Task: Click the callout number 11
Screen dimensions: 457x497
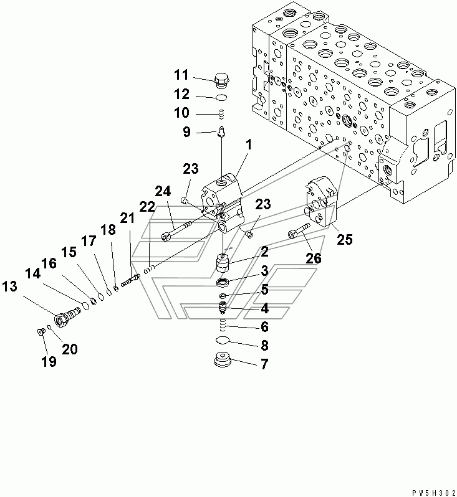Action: pyautogui.click(x=181, y=75)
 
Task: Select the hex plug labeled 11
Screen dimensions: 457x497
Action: pyautogui.click(x=222, y=80)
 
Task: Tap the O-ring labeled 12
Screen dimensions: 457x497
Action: pyautogui.click(x=221, y=98)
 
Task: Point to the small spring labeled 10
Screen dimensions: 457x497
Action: pyautogui.click(x=223, y=114)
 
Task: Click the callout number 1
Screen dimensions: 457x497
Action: pyautogui.click(x=249, y=145)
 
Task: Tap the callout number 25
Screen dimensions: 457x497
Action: pyautogui.click(x=345, y=239)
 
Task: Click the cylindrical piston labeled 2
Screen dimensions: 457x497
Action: pyautogui.click(x=224, y=263)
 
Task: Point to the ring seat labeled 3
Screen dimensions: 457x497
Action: pyautogui.click(x=223, y=282)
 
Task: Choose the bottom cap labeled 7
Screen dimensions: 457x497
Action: pyautogui.click(x=223, y=359)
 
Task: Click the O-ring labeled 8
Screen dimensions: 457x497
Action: pyautogui.click(x=223, y=341)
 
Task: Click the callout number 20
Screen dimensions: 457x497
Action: pyautogui.click(x=69, y=349)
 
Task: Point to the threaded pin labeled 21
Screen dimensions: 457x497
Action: pyautogui.click(x=130, y=280)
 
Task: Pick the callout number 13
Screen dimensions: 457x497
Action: pyautogui.click(x=9, y=286)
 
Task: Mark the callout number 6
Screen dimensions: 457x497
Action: pyautogui.click(x=265, y=326)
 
